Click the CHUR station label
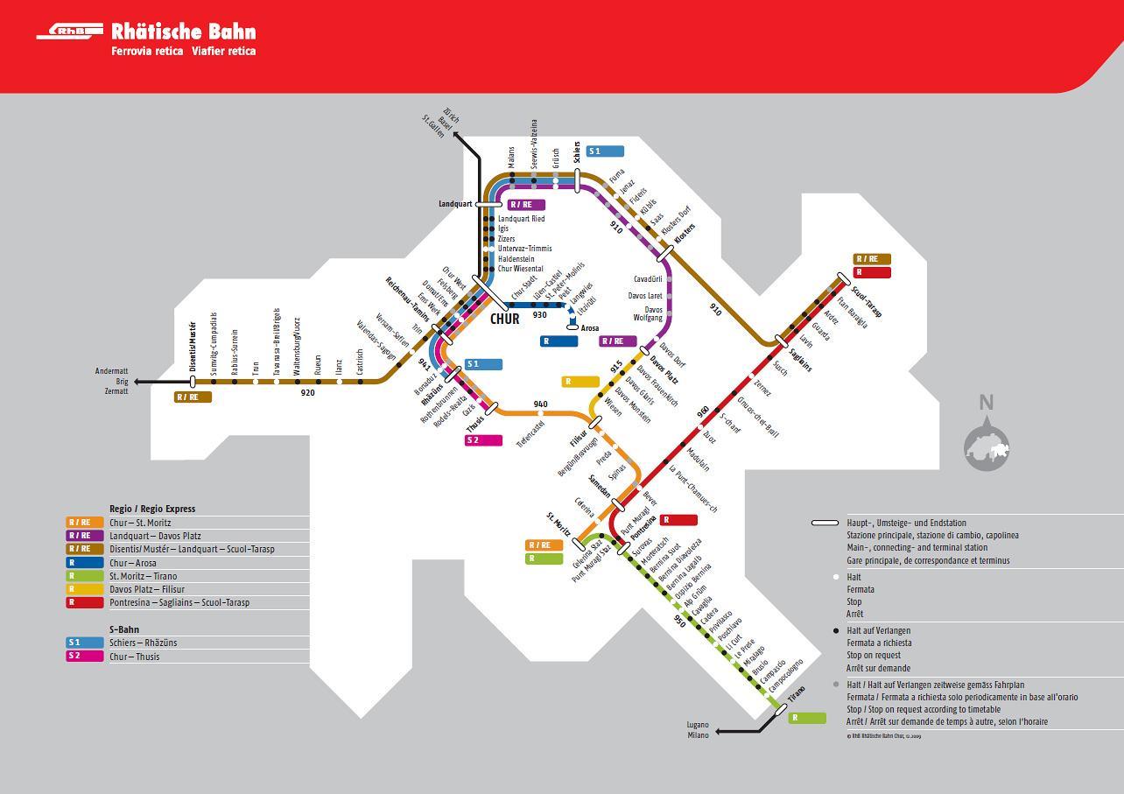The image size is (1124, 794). (x=505, y=319)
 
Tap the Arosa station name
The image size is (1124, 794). (x=590, y=329)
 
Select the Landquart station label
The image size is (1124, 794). (x=455, y=204)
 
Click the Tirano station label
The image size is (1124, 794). (x=795, y=696)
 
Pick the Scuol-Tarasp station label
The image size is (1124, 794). (x=866, y=300)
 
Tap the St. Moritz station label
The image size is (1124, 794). (x=558, y=526)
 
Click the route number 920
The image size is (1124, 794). (x=307, y=393)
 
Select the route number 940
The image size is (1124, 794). (x=540, y=404)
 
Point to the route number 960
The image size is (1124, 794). (x=703, y=411)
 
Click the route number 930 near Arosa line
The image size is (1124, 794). (x=539, y=315)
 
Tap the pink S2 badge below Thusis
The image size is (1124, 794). (x=483, y=440)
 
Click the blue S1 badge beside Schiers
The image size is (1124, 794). (x=605, y=151)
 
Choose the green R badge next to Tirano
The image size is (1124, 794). (x=807, y=718)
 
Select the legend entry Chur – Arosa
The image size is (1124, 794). (x=133, y=563)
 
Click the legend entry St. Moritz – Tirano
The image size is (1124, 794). (x=143, y=576)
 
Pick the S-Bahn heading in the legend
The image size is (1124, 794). (x=124, y=629)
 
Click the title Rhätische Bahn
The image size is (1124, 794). (x=184, y=32)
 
